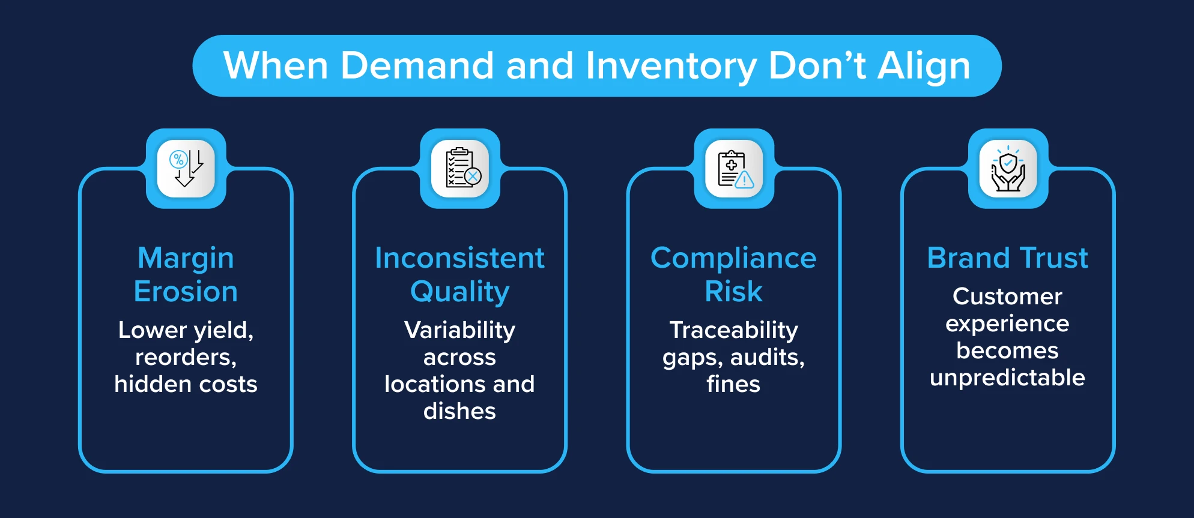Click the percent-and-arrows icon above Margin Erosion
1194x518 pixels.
pos(186,169)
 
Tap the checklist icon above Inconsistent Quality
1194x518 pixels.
pos(460,169)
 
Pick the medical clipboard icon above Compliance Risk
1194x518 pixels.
pos(734,169)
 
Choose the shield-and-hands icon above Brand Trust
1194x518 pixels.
pos(1008,169)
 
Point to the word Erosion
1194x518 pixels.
pos(186,292)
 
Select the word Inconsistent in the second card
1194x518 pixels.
pos(459,258)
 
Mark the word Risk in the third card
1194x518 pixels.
pos(733,292)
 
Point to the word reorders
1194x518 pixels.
pos(186,358)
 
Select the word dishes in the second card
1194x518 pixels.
pos(459,411)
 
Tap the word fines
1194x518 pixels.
pos(733,384)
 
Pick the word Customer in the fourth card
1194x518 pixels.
pos(1007,297)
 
